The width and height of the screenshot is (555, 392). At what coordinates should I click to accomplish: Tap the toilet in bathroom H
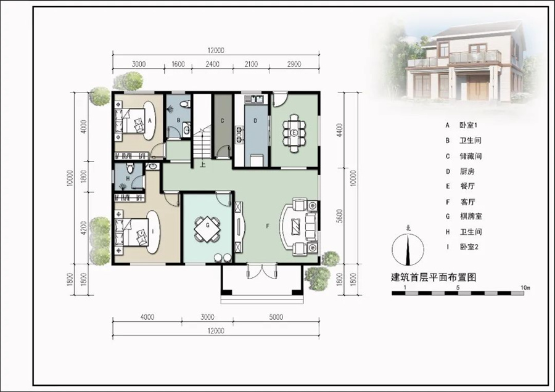coord(130,166)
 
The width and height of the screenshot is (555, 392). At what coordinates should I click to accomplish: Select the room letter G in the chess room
coord(208,225)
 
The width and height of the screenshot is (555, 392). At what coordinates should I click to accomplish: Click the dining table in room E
coord(294,133)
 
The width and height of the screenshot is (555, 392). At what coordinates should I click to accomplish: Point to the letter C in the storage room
coord(222,121)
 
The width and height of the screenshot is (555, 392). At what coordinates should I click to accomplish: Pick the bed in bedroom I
coord(132,232)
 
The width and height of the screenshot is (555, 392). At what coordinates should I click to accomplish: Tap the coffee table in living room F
coord(295,225)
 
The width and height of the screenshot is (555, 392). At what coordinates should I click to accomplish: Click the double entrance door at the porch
coord(261,271)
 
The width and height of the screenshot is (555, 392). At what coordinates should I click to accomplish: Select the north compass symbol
coord(408,248)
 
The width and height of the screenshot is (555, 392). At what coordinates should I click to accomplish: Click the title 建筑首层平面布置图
coord(434,277)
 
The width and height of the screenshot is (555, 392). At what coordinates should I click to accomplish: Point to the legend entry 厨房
coord(467,171)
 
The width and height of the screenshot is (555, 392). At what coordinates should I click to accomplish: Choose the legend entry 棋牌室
coord(471,216)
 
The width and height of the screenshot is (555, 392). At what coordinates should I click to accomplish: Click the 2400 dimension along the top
coord(212,64)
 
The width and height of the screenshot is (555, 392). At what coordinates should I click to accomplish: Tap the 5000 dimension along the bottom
coord(276,317)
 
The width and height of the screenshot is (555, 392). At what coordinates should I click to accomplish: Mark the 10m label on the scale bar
coord(525,288)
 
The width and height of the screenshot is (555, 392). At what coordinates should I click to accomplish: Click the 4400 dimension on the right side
coord(340,130)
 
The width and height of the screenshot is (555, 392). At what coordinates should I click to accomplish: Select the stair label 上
coord(202,165)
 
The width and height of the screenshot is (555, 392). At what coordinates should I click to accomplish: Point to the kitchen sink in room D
coord(257,99)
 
